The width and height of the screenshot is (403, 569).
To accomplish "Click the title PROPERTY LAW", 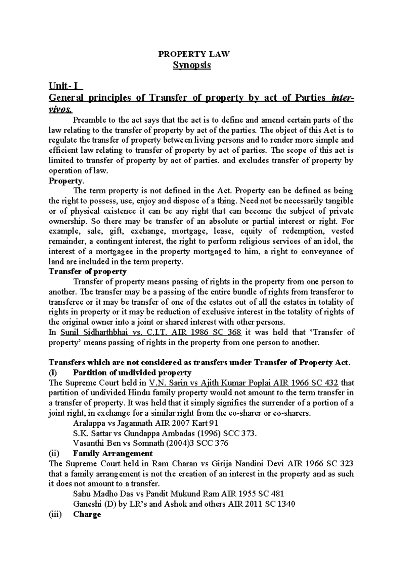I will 194,54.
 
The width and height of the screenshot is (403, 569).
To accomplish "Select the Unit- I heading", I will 65,86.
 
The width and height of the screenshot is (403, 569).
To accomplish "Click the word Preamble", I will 89,120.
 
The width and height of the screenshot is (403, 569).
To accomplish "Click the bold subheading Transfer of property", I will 87,271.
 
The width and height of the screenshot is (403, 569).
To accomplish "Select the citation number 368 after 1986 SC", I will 234,332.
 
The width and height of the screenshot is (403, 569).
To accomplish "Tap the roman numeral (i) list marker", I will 53,373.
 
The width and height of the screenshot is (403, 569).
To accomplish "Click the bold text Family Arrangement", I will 113,454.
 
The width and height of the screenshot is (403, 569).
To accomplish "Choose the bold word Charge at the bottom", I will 87,514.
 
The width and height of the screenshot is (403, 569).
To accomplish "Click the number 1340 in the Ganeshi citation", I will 285,504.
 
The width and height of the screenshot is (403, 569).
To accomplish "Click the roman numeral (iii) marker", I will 55,514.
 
